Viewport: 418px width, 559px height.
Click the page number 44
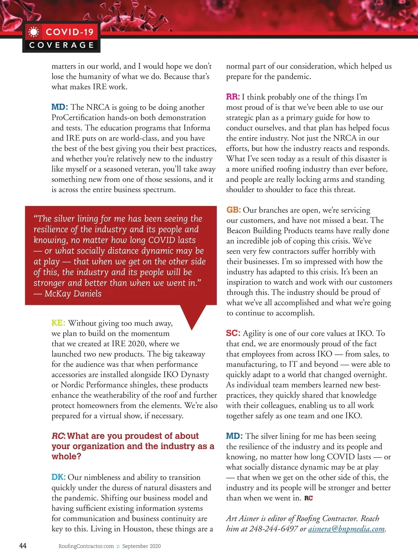click(x=23, y=545)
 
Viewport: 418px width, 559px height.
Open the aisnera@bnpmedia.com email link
click(x=346, y=529)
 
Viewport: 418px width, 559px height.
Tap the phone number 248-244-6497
click(x=273, y=529)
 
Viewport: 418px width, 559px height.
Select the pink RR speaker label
click(x=233, y=97)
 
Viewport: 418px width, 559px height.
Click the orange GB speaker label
click(x=233, y=210)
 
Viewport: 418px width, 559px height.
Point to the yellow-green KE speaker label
click(x=58, y=323)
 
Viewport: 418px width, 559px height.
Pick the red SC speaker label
click(x=233, y=333)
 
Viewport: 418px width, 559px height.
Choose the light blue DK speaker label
click(x=58, y=477)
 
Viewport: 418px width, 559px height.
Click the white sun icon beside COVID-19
click(x=34, y=32)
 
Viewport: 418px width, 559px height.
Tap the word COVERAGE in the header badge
click(x=62, y=45)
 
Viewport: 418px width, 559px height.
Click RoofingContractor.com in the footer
click(x=86, y=546)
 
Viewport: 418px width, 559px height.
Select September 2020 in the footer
click(x=141, y=546)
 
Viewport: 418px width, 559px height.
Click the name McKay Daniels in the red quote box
click(x=73, y=293)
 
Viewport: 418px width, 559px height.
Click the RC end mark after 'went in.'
click(x=309, y=498)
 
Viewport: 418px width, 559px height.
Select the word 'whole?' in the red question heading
click(x=66, y=456)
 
